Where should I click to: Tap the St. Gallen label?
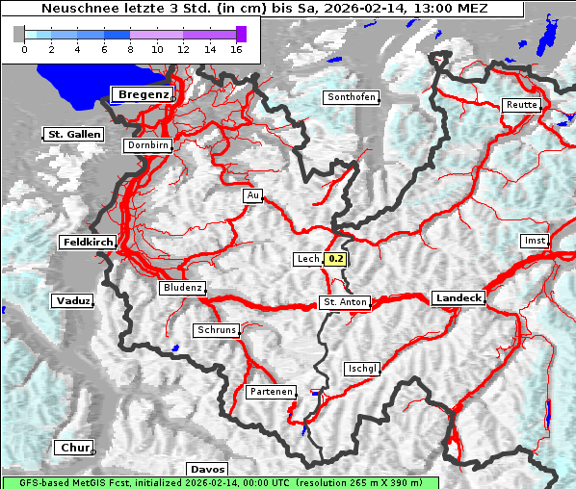tap(73, 135)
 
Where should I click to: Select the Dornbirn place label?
tap(148, 145)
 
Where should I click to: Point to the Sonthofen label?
tap(351, 97)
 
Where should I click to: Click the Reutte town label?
tap(521, 105)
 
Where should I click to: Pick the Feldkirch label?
tap(88, 243)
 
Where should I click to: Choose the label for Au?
tap(253, 195)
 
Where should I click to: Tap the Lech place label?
tap(307, 259)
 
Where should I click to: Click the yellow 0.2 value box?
tap(335, 259)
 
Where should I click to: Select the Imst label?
tap(533, 240)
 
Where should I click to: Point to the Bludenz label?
tap(183, 288)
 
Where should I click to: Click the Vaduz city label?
tap(73, 301)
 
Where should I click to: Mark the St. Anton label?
tap(344, 302)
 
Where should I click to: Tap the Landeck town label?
tap(458, 298)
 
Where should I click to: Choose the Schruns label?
tap(217, 330)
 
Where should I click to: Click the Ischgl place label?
tap(362, 369)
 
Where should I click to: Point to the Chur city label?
tap(74, 448)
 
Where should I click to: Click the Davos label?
tap(207, 469)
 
